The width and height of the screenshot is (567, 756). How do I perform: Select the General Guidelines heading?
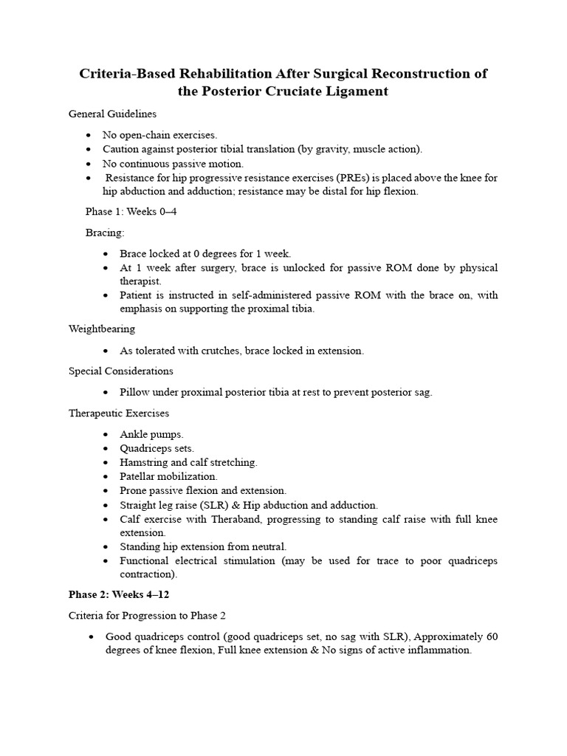pyautogui.click(x=112, y=114)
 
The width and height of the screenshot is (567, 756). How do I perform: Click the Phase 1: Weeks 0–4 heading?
pyautogui.click(x=131, y=212)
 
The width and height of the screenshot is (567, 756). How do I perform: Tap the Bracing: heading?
pyautogui.click(x=105, y=233)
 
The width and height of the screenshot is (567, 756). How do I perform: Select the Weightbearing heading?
pyautogui.click(x=102, y=329)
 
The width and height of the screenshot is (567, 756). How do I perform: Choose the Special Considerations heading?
pyautogui.click(x=121, y=371)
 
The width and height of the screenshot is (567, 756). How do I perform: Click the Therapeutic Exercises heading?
pyautogui.click(x=119, y=413)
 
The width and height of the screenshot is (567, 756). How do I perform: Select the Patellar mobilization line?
pyautogui.click(x=168, y=476)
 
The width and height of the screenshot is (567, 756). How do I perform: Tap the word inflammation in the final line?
pyautogui.click(x=435, y=650)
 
